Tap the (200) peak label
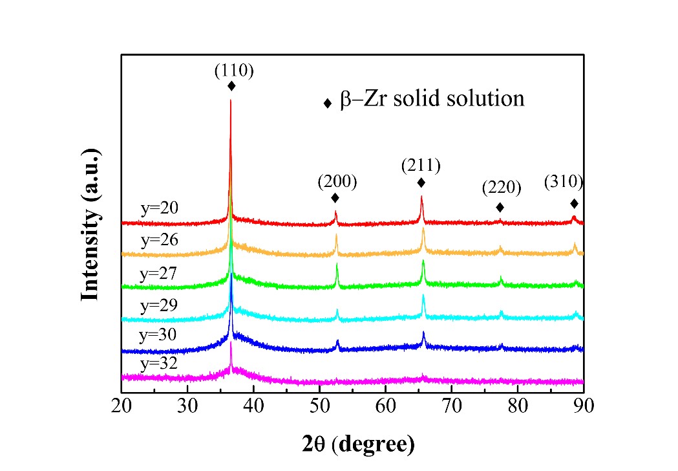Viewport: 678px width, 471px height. pyautogui.click(x=337, y=182)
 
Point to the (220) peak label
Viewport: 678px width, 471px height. pyautogui.click(x=501, y=188)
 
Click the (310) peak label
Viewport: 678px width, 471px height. pyautogui.click(x=564, y=182)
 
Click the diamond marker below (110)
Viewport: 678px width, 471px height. pyautogui.click(x=231, y=86)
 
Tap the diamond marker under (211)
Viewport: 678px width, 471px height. pyautogui.click(x=421, y=182)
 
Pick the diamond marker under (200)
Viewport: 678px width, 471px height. pyautogui.click(x=335, y=198)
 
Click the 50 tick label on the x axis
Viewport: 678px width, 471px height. pyautogui.click(x=319, y=408)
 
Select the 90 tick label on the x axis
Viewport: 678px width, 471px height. pyautogui.click(x=583, y=408)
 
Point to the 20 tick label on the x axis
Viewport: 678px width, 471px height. pyautogui.click(x=122, y=408)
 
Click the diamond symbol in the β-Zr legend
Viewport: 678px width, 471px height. pyautogui.click(x=327, y=104)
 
